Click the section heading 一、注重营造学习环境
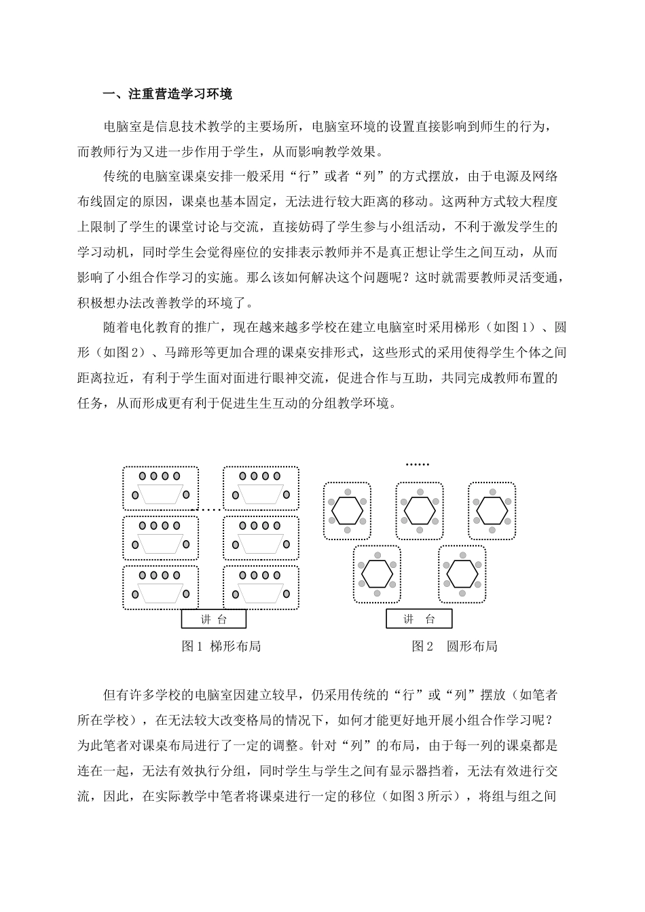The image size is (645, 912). point(167,95)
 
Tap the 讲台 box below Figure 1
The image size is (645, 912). point(213,619)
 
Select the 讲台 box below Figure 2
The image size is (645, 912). point(418,619)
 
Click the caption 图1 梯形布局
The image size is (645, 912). point(221,646)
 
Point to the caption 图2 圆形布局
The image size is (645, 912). point(454,646)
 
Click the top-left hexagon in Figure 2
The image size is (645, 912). point(347,510)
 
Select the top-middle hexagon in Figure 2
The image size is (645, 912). point(420,510)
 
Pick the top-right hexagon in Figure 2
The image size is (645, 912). point(492,510)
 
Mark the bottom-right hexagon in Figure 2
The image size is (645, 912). point(462,574)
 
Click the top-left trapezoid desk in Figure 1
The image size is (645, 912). point(161,493)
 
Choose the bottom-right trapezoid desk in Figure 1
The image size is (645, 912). point(261,592)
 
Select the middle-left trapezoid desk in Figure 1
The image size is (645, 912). point(161,543)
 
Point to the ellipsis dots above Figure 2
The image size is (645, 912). point(417,465)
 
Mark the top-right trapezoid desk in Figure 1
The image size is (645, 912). point(261,493)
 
